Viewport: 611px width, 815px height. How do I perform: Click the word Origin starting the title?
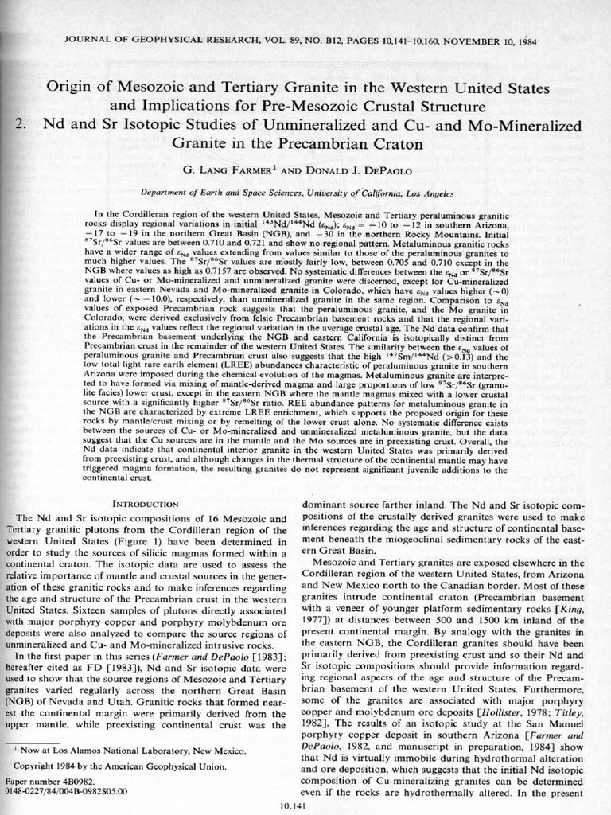[x=70, y=88]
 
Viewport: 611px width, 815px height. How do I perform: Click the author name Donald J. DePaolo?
[x=347, y=170]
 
